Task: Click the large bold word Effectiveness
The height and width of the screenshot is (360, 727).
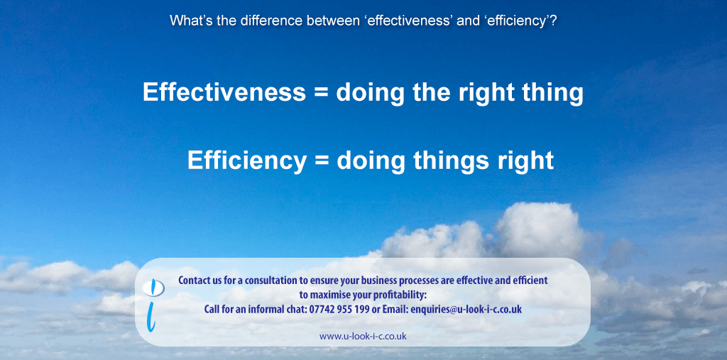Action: pos(224,92)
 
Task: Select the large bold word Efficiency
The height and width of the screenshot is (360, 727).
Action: pos(246,160)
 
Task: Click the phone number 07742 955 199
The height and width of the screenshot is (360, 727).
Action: pos(339,309)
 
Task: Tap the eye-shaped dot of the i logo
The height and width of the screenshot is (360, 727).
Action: pos(153,288)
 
